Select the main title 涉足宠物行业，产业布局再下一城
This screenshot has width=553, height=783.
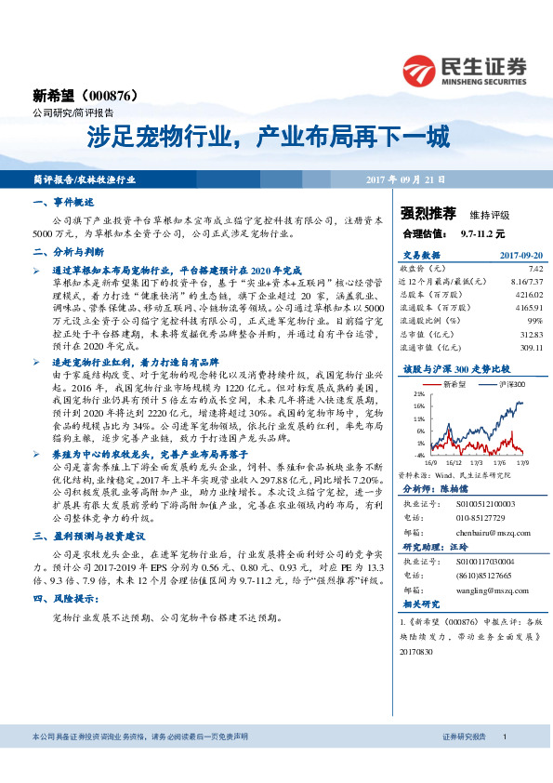tap(268, 139)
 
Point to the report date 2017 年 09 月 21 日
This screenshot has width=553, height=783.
tap(406, 179)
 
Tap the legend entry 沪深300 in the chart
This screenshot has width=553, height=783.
tap(507, 382)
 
